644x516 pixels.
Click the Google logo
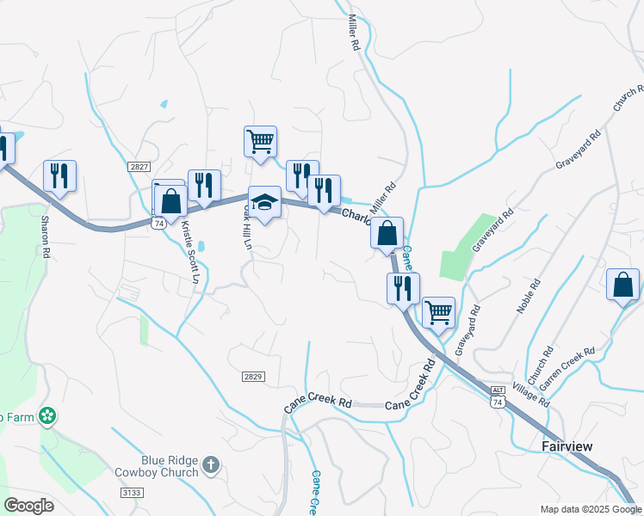pyautogui.click(x=28, y=506)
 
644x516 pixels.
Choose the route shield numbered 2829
pyautogui.click(x=252, y=377)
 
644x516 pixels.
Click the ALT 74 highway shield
pyautogui.click(x=498, y=395)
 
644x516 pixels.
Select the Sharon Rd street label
pyautogui.click(x=46, y=236)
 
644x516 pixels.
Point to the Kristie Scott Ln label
pyautogui.click(x=190, y=253)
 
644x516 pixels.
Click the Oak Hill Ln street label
pyautogui.click(x=247, y=225)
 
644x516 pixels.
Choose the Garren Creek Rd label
pyautogui.click(x=567, y=365)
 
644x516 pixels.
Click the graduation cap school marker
pyautogui.click(x=265, y=202)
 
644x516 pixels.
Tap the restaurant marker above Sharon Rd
pyautogui.click(x=59, y=175)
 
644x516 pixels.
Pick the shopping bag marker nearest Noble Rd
pyautogui.click(x=622, y=285)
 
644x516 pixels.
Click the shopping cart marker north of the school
pyautogui.click(x=260, y=140)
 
